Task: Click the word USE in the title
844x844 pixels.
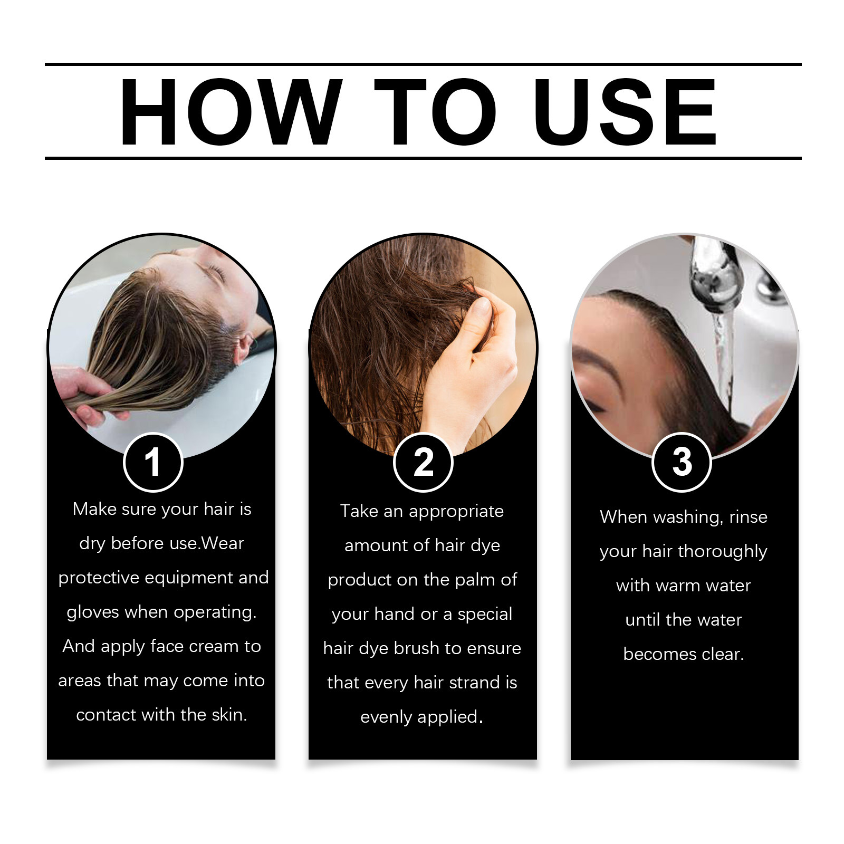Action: (x=625, y=112)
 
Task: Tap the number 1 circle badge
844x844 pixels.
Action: (x=153, y=462)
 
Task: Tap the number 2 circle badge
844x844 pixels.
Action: (x=423, y=462)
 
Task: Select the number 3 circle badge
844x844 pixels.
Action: (x=682, y=462)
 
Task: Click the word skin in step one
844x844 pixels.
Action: (x=229, y=715)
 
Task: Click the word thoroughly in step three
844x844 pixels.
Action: (x=722, y=552)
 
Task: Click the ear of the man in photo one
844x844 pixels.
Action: (x=244, y=346)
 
